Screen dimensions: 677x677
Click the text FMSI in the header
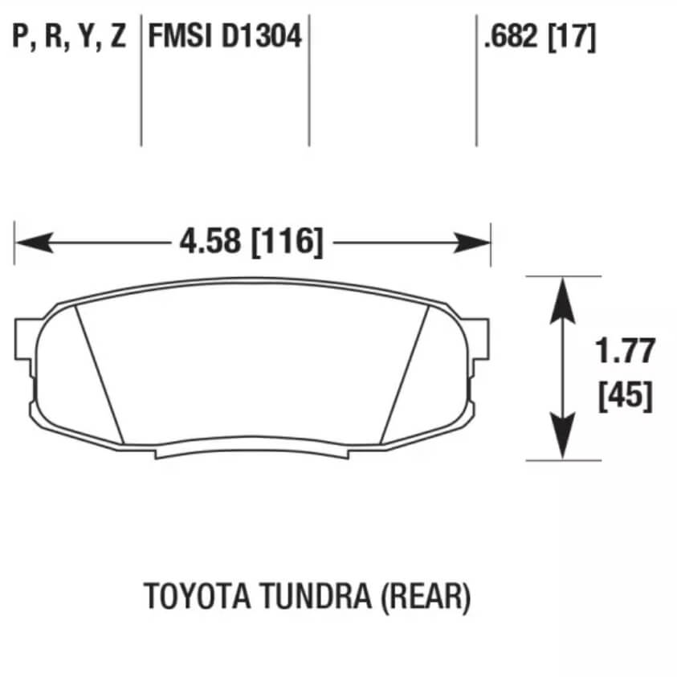coord(176,36)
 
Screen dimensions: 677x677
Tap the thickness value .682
coord(511,36)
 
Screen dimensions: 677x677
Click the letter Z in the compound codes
coord(118,37)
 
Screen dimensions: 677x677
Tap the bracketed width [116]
coord(288,242)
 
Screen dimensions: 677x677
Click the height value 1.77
coord(625,351)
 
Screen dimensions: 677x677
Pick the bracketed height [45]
coord(625,395)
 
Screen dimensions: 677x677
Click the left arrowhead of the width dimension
coord(32,242)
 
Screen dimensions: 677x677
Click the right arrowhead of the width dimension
coord(473,242)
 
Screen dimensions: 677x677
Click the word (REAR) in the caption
coord(425,596)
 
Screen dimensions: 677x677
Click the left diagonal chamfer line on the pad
coord(100,373)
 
